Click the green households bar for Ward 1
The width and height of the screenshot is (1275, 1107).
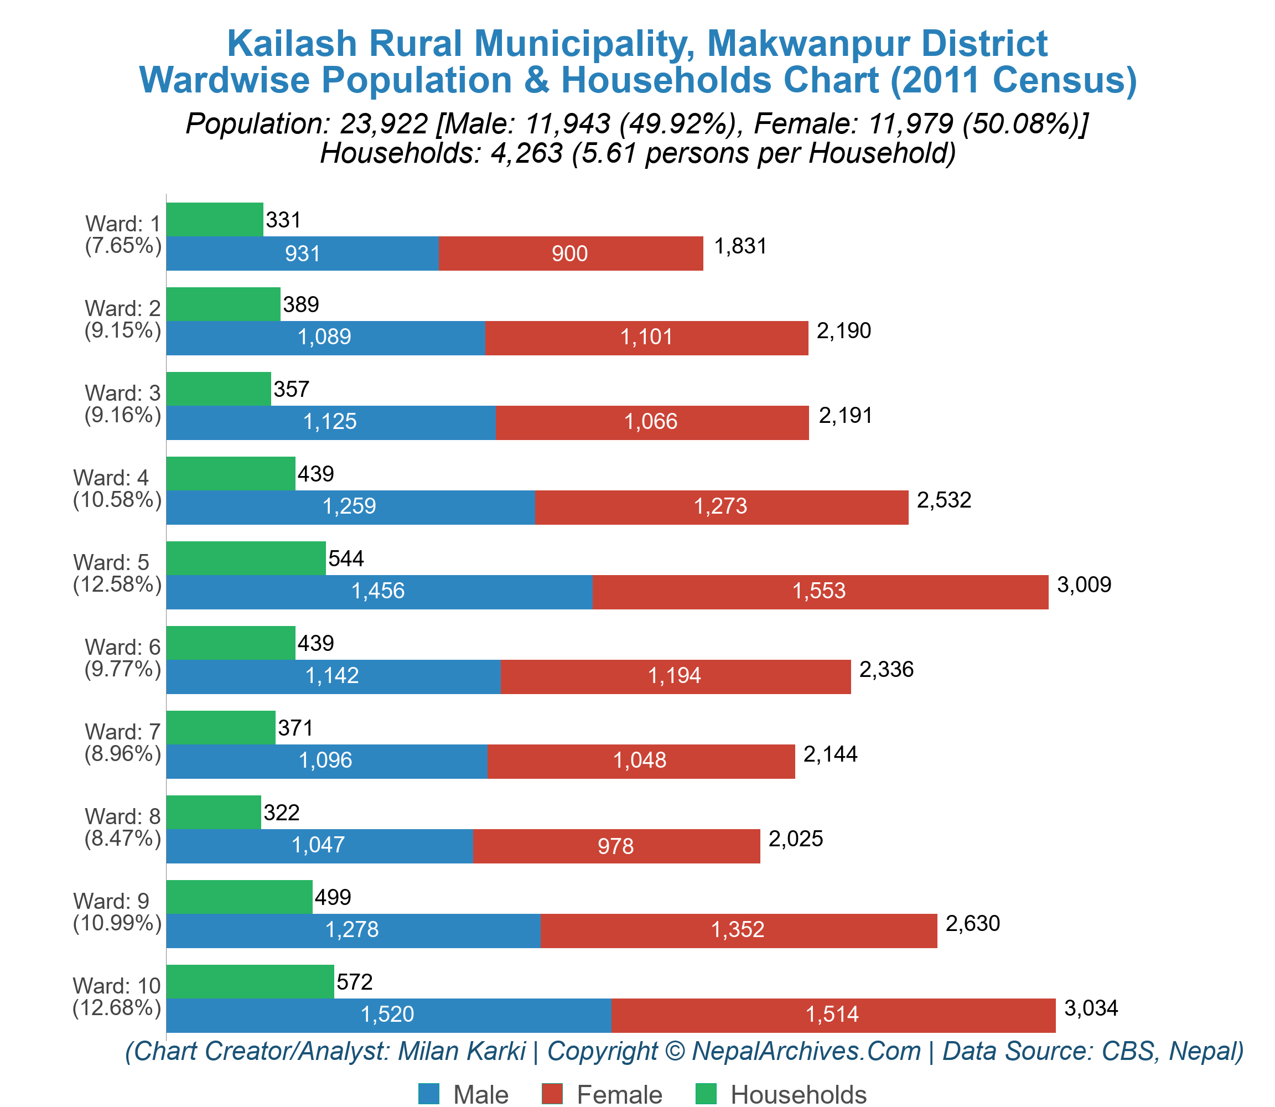(x=214, y=219)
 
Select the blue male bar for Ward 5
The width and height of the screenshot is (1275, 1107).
(x=379, y=592)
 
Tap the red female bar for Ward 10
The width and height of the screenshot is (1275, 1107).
(x=833, y=1015)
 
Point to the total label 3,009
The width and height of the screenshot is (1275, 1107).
(x=1084, y=584)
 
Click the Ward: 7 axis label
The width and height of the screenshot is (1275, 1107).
(x=122, y=731)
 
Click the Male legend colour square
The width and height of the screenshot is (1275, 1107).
(x=429, y=1093)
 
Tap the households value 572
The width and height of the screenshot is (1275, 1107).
(x=355, y=981)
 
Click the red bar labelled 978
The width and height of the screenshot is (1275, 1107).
(x=616, y=846)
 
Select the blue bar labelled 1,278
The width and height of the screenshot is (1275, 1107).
(x=353, y=930)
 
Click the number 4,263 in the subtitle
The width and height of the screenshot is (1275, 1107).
(x=527, y=153)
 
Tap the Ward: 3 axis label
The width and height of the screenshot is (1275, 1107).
(x=122, y=393)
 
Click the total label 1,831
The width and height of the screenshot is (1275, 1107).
(x=740, y=246)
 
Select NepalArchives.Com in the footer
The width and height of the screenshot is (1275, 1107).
(x=806, y=1051)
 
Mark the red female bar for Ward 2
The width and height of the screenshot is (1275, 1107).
(x=646, y=338)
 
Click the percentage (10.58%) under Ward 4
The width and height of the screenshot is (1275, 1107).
(x=117, y=499)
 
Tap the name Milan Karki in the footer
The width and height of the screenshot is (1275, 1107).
(x=462, y=1051)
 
